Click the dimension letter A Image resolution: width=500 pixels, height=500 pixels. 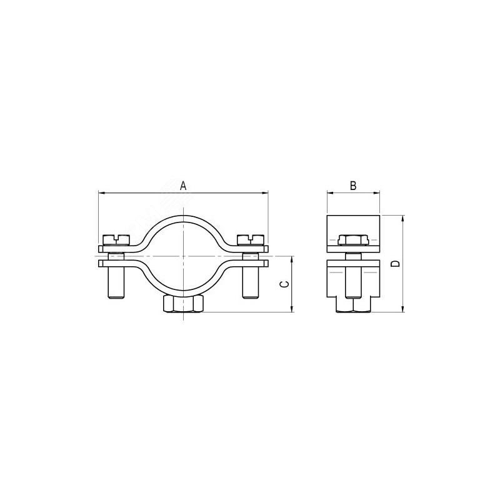pyautogui.click(x=183, y=186)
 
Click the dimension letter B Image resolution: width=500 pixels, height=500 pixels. pyautogui.click(x=353, y=186)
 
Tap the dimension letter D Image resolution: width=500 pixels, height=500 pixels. pyautogui.click(x=396, y=263)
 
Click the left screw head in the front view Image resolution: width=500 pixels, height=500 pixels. pyautogui.click(x=117, y=240)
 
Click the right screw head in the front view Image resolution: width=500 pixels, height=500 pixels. pyautogui.click(x=251, y=240)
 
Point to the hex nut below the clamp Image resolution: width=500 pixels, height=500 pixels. pyautogui.click(x=182, y=304)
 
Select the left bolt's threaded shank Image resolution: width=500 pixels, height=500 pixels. pyautogui.click(x=116, y=283)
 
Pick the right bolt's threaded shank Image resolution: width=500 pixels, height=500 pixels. pyautogui.click(x=251, y=283)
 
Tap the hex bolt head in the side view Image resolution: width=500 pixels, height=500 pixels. pyautogui.click(x=353, y=240)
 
